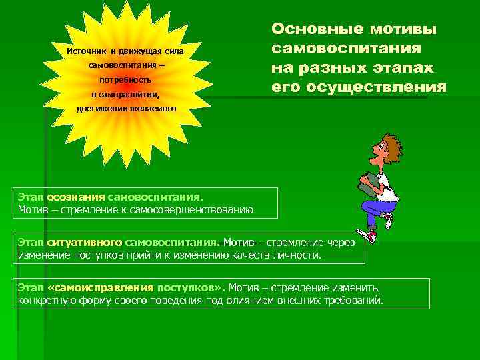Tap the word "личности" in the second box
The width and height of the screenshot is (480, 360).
click(x=300, y=255)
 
